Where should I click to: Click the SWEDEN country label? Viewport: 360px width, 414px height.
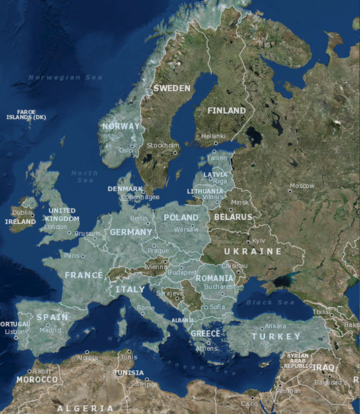click(172, 88)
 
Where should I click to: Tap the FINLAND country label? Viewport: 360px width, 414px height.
click(226, 110)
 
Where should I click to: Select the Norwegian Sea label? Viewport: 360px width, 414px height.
click(65, 77)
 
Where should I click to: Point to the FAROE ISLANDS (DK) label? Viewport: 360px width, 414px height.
click(26, 114)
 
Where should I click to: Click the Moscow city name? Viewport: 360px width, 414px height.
click(301, 186)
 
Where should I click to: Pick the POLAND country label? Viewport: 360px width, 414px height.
click(181, 217)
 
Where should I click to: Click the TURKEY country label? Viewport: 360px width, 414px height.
click(276, 336)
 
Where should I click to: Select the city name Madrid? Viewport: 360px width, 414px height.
click(50, 330)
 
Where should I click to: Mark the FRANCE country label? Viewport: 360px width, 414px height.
click(83, 275)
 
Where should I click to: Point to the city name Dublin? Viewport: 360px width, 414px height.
click(22, 213)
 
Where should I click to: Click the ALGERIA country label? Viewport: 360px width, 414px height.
click(85, 408)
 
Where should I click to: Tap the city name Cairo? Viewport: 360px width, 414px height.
click(249, 403)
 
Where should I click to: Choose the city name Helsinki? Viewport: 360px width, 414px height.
click(213, 135)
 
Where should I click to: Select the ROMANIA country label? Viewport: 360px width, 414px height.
click(215, 278)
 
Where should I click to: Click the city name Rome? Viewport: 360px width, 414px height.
click(145, 308)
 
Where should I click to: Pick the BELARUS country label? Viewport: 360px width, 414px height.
click(233, 217)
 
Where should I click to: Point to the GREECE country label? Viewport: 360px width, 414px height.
click(205, 333)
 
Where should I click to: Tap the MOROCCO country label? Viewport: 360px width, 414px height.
click(37, 380)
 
